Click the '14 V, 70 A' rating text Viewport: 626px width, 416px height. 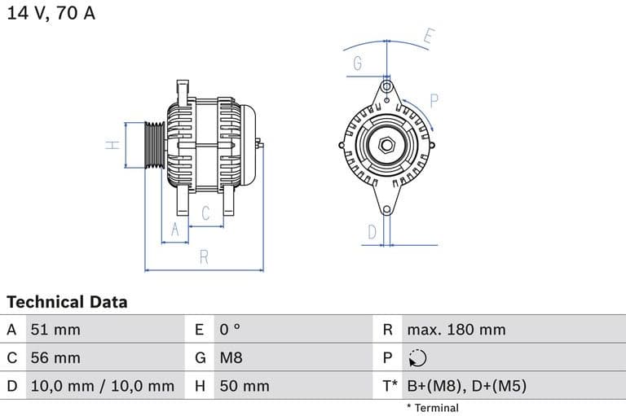[x=51, y=14]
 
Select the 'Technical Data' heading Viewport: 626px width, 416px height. [x=67, y=302]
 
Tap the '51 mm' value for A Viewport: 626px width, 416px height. [x=55, y=330]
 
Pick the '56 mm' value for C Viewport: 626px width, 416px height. [x=55, y=357]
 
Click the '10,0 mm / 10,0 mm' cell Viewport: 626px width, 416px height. [x=102, y=386]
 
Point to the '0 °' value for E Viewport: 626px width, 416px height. [x=231, y=330]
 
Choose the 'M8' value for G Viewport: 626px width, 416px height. [x=231, y=357]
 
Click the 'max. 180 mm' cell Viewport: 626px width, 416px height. [x=456, y=330]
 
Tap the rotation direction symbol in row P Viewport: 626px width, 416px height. [x=417, y=358]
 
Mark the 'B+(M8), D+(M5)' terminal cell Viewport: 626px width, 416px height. [x=466, y=386]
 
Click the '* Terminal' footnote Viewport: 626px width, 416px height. [x=432, y=408]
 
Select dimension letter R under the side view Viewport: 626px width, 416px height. [x=204, y=257]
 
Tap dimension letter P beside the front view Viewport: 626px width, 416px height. [x=434, y=101]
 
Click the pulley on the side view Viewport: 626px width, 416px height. [x=153, y=146]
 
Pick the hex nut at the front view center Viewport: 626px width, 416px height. [x=386, y=146]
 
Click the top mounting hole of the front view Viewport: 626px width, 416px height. [x=386, y=85]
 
